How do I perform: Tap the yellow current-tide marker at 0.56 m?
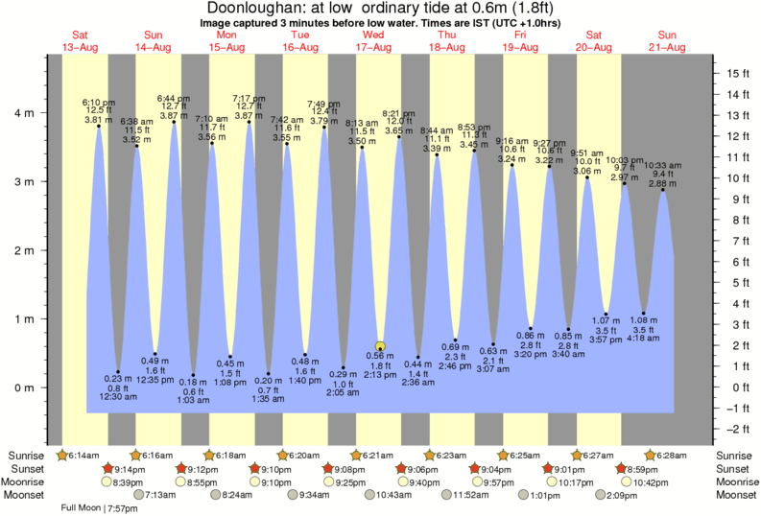click(381, 347)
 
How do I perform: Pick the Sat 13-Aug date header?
click(80, 40)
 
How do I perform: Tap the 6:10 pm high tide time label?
click(99, 101)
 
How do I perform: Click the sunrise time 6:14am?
click(83, 454)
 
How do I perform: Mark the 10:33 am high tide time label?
click(662, 165)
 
